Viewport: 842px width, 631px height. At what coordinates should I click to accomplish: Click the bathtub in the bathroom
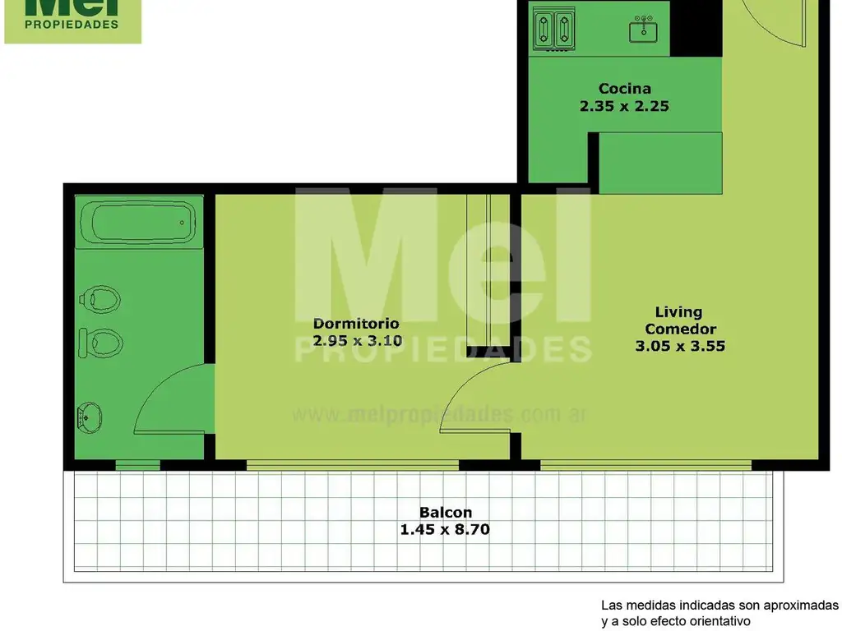click(138, 222)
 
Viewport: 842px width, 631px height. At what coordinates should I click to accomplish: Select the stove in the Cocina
click(553, 29)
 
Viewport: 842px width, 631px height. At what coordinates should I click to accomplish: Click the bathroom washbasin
click(90, 418)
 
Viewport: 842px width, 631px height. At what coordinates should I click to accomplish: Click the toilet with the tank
click(100, 343)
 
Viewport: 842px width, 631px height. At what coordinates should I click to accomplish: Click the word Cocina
click(625, 88)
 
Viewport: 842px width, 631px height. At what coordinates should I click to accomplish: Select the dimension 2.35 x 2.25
click(624, 106)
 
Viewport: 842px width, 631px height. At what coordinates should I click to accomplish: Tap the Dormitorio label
click(356, 324)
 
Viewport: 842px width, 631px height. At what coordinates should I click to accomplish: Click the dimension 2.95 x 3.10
click(357, 340)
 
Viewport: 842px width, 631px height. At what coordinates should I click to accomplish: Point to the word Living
click(678, 312)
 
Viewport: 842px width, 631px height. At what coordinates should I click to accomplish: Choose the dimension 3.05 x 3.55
click(680, 346)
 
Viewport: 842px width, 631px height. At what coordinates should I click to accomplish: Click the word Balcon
click(445, 513)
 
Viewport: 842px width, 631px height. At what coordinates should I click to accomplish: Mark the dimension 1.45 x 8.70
click(445, 530)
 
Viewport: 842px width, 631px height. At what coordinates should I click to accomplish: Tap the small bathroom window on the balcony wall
click(137, 465)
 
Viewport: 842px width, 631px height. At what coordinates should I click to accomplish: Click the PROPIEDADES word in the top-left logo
click(72, 24)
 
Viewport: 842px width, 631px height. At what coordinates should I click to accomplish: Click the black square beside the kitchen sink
click(696, 28)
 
